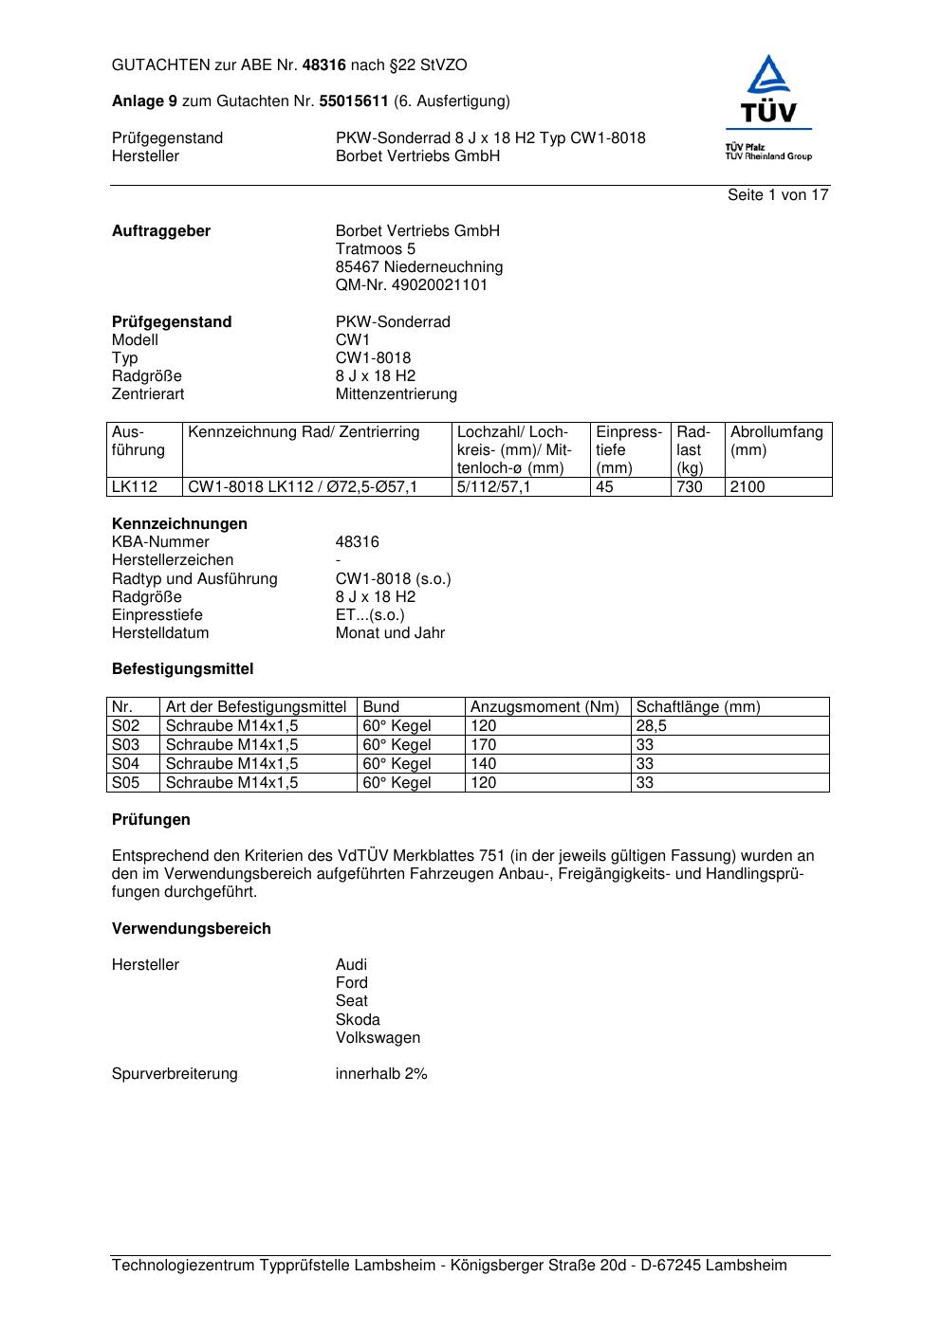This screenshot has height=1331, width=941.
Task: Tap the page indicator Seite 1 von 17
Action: click(x=778, y=194)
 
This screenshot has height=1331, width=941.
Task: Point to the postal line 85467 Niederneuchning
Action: click(x=418, y=267)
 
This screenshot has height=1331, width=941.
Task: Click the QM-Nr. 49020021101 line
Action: click(x=412, y=285)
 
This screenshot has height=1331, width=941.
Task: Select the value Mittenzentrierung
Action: click(x=396, y=394)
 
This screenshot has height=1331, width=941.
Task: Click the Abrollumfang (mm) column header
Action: click(x=776, y=441)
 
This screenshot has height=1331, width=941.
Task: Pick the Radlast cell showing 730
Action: click(x=690, y=487)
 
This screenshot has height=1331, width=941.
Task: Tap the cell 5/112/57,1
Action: click(x=493, y=487)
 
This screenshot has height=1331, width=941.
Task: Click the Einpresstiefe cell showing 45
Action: click(x=604, y=487)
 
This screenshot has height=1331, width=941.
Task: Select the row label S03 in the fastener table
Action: click(x=125, y=745)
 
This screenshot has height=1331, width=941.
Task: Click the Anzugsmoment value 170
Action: click(x=483, y=745)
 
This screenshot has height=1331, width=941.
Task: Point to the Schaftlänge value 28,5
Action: click(x=651, y=726)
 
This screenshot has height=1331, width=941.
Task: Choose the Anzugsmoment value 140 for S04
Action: click(x=483, y=764)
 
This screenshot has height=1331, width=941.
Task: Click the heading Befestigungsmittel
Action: click(x=182, y=669)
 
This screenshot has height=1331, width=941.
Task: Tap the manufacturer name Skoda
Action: click(x=357, y=1020)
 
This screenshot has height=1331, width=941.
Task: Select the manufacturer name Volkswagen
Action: click(x=378, y=1038)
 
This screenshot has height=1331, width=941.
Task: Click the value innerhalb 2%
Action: click(x=381, y=1074)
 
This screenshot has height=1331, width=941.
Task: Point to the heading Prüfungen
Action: click(x=151, y=820)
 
